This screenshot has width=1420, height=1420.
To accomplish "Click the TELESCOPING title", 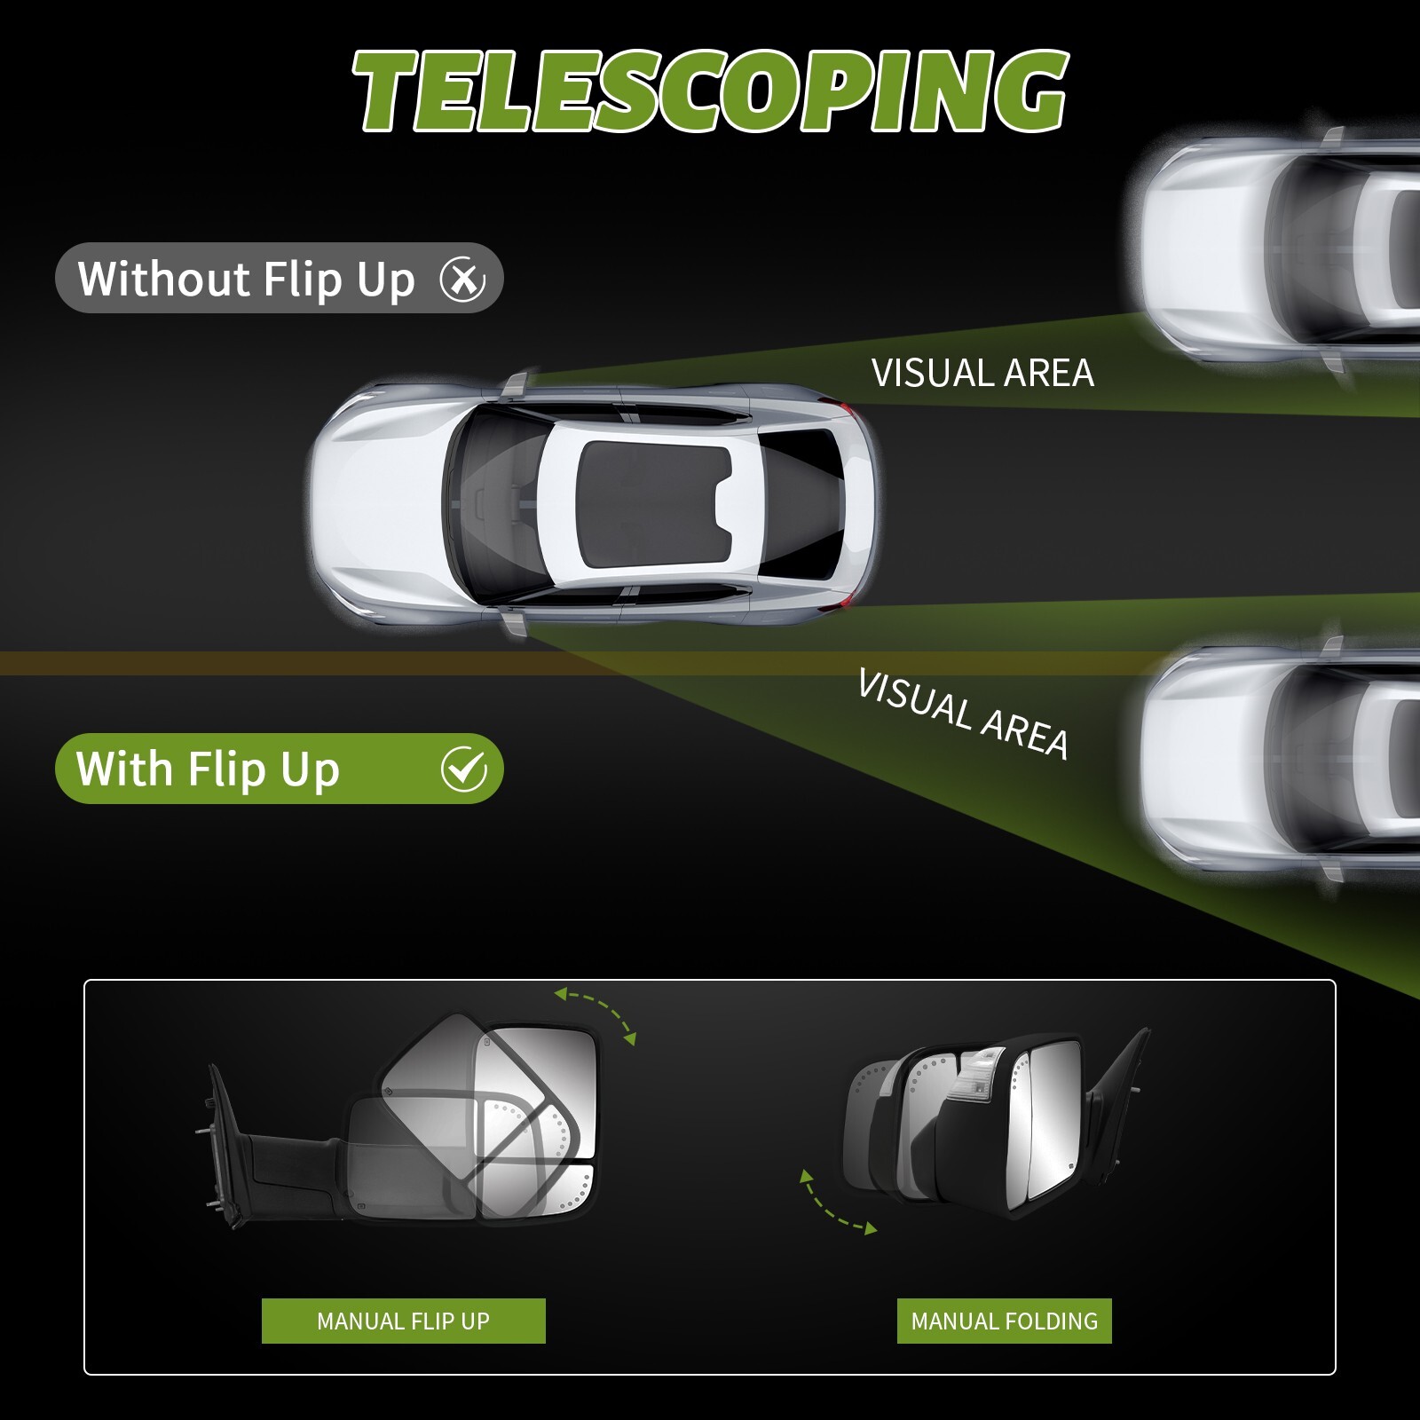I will tap(710, 91).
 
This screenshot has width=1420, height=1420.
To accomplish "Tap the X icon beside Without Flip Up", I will tap(462, 280).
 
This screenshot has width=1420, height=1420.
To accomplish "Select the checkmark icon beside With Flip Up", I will tap(463, 769).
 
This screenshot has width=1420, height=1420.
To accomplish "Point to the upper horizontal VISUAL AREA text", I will tap(982, 374).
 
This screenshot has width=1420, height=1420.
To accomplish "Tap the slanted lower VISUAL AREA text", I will tap(963, 714).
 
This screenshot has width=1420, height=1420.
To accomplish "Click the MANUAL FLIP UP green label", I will tap(403, 1321).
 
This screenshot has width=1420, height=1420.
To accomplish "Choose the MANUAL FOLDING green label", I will tap(1004, 1321).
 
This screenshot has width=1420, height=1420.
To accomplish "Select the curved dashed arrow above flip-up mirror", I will tap(596, 1013).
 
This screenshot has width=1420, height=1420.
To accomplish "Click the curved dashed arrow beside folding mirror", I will tap(835, 1204).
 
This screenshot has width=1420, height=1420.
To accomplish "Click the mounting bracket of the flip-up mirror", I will tap(222, 1145).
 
